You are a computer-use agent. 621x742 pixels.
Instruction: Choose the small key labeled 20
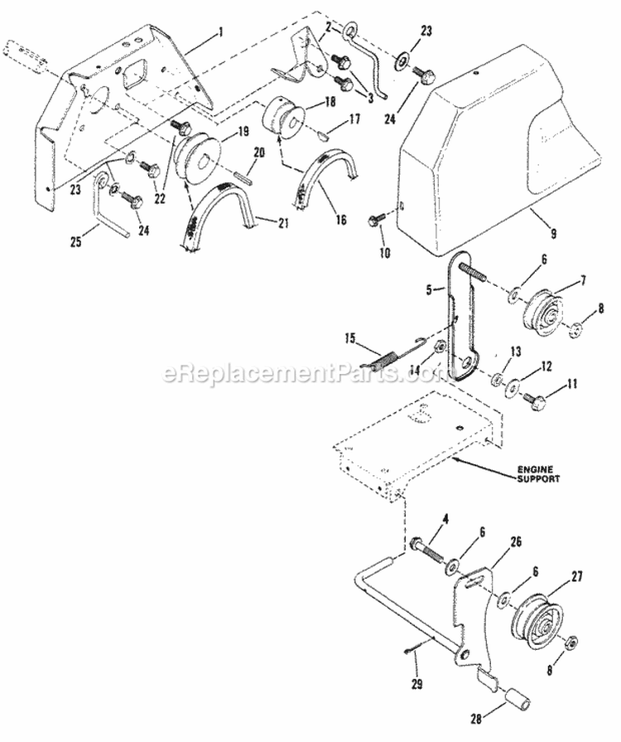tap(246, 175)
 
